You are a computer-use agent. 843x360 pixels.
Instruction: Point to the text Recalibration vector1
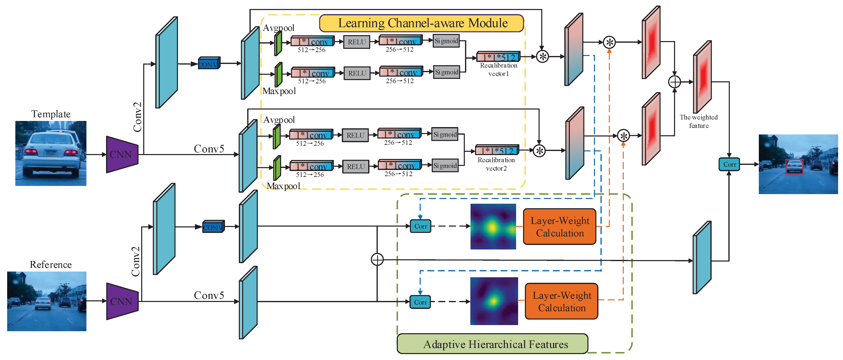click(498, 69)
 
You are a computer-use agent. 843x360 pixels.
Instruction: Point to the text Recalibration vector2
click(496, 164)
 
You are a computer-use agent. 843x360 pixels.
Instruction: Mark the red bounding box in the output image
click(794, 167)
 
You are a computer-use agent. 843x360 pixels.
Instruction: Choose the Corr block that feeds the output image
click(729, 164)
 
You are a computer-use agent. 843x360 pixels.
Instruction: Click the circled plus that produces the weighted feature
click(674, 82)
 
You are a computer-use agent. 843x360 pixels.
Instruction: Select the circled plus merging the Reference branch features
click(377, 259)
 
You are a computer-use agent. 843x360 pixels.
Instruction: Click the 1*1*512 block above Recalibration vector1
click(498, 57)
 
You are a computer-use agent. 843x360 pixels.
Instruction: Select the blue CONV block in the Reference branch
click(213, 226)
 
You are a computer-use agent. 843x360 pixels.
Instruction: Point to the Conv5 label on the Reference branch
click(209, 295)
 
